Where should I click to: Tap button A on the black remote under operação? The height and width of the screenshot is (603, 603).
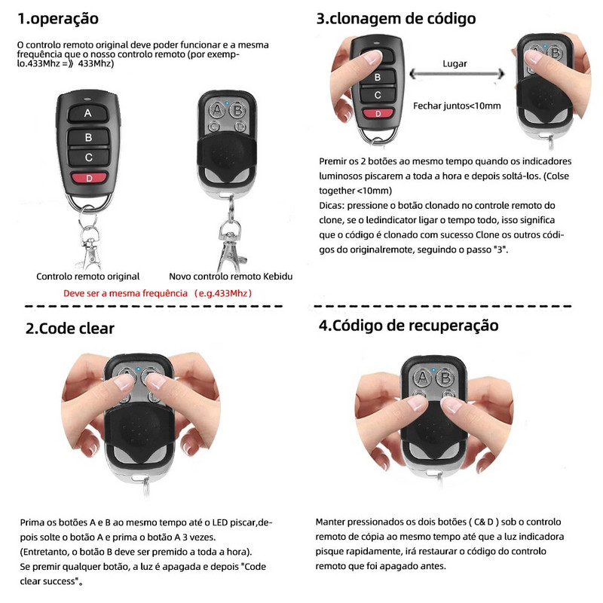tap(88, 114)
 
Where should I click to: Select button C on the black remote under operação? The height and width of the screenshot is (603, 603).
tap(88, 158)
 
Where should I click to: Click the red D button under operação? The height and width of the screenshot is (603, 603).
tap(88, 179)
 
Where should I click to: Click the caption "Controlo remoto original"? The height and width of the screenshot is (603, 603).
tap(88, 277)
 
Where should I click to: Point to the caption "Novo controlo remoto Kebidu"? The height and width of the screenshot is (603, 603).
tap(231, 277)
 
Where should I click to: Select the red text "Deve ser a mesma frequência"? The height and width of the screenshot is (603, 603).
tap(125, 292)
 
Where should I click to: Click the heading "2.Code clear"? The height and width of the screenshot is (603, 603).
tap(70, 328)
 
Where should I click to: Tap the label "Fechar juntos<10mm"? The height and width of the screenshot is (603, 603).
tap(457, 106)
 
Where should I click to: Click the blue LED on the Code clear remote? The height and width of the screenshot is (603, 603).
tap(140, 369)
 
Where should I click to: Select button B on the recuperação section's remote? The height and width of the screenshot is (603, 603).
tap(444, 377)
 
